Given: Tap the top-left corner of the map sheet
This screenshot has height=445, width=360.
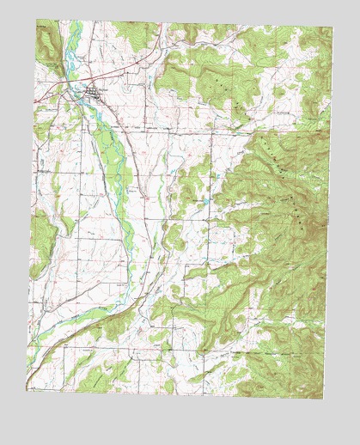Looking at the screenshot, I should (36, 21).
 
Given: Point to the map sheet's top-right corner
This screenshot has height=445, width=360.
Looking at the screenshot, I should (333, 27).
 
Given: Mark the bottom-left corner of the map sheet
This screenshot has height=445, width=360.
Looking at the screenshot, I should (25, 389).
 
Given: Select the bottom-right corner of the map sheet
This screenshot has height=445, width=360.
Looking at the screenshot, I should (325, 399).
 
